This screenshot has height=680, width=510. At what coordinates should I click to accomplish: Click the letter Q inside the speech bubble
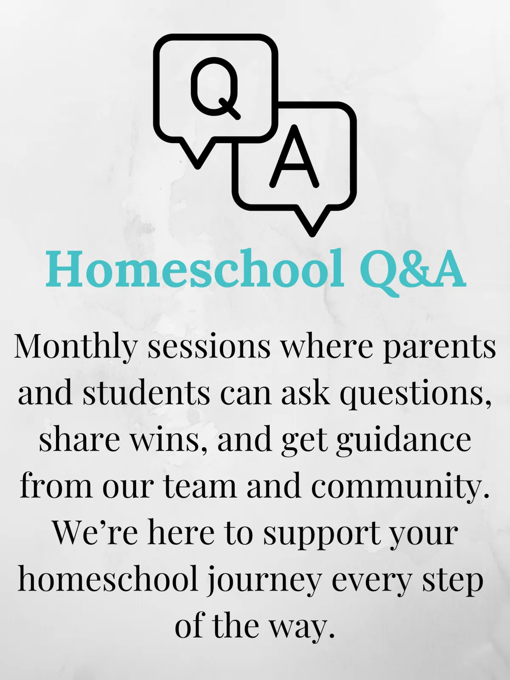[x=215, y=88]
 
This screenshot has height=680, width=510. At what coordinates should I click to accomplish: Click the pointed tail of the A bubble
[x=312, y=221]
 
